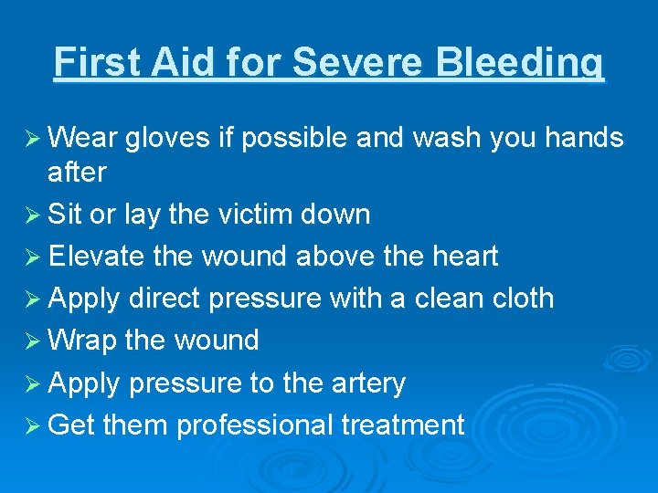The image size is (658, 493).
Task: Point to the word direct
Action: (169, 299)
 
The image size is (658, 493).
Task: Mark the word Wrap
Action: (83, 341)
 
